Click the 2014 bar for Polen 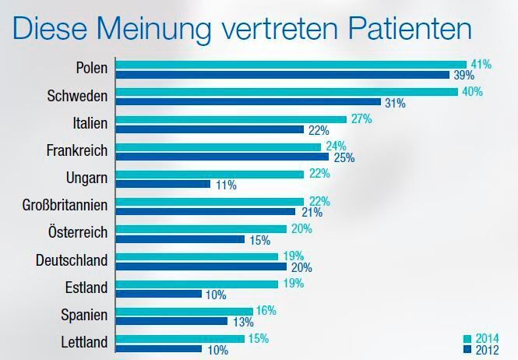click(291, 65)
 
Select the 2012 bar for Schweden click(248, 102)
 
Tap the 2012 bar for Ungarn click(163, 184)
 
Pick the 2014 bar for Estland click(196, 284)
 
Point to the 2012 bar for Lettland click(159, 349)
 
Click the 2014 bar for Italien click(231, 119)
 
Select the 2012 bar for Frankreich click(222, 157)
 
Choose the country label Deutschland click(72, 260)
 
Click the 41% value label click(481, 65)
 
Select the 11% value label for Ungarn click(225, 185)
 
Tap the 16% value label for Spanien click(266, 310)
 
